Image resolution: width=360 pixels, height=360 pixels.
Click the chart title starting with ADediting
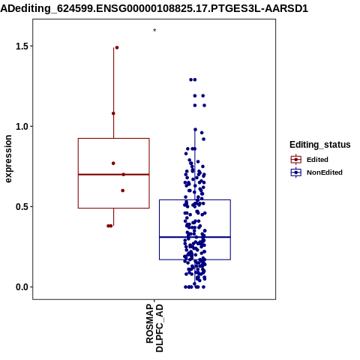tap(154, 8)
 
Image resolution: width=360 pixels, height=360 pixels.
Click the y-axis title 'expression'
tap(8, 159)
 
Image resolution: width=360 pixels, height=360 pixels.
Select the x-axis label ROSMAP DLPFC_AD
tap(154, 328)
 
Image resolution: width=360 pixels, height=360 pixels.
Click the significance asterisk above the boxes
tap(154, 30)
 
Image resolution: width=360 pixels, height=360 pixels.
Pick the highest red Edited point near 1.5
tap(117, 47)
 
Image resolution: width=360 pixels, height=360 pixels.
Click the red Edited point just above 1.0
tap(113, 113)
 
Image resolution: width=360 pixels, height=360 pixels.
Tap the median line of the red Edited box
tap(114, 174)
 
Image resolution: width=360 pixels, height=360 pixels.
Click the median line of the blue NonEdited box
tap(195, 237)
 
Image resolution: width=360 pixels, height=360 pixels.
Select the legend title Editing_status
tap(320, 145)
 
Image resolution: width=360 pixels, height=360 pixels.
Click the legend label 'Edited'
tap(317, 160)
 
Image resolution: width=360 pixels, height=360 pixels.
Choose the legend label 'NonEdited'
tap(325, 172)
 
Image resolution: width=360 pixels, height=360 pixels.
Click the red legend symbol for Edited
tap(296, 160)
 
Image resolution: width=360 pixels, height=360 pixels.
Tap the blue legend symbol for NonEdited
tap(296, 172)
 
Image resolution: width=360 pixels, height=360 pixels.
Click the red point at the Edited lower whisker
tap(109, 226)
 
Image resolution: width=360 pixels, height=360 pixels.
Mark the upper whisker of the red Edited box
tap(114, 93)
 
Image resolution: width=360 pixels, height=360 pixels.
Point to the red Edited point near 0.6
tap(123, 190)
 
